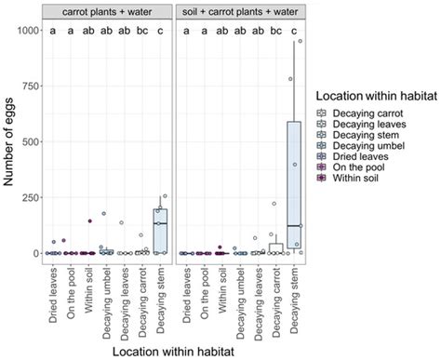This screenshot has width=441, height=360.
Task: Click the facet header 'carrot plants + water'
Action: [x=111, y=10]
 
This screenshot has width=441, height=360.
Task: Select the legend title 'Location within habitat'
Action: [x=376, y=97]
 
